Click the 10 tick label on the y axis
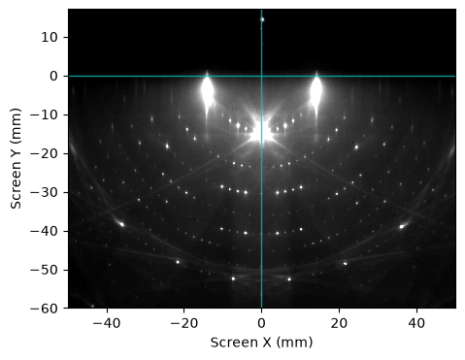(49, 38)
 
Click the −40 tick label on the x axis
(107, 323)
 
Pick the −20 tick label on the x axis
(184, 323)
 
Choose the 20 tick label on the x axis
(339, 323)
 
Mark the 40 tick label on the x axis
(416, 323)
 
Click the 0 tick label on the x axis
(261, 323)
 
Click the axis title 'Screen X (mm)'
(261, 343)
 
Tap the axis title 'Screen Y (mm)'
(16, 158)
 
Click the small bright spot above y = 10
(262, 19)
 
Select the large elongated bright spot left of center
(207, 90)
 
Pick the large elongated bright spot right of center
(316, 90)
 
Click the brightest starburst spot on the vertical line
(263, 132)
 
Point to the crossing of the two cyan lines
(261, 77)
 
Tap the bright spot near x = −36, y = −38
(122, 224)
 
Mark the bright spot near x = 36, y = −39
(402, 226)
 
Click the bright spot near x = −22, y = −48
(178, 262)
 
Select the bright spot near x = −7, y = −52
(233, 278)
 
